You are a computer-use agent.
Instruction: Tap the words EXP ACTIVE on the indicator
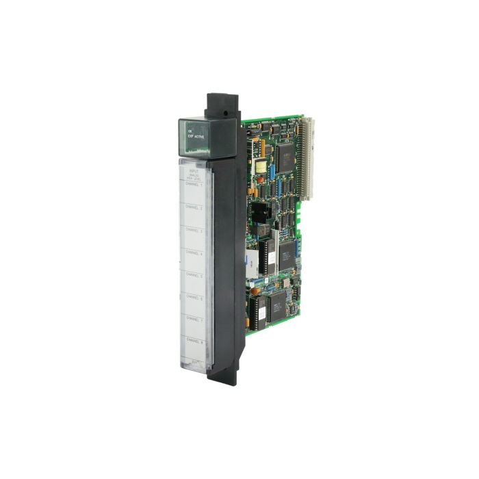(196, 137)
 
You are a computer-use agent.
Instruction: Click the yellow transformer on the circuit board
(261, 168)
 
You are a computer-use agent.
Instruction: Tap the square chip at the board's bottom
(279, 305)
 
